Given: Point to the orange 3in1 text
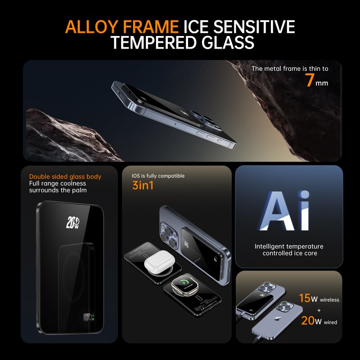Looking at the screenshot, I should point(143,185).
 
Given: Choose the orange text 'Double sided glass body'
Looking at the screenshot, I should point(65,177).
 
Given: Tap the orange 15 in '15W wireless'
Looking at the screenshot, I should point(305,298).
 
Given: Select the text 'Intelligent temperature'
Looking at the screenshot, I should point(289,246).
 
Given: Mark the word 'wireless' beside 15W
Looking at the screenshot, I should point(330,300).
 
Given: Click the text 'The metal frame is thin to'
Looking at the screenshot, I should point(290,69).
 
